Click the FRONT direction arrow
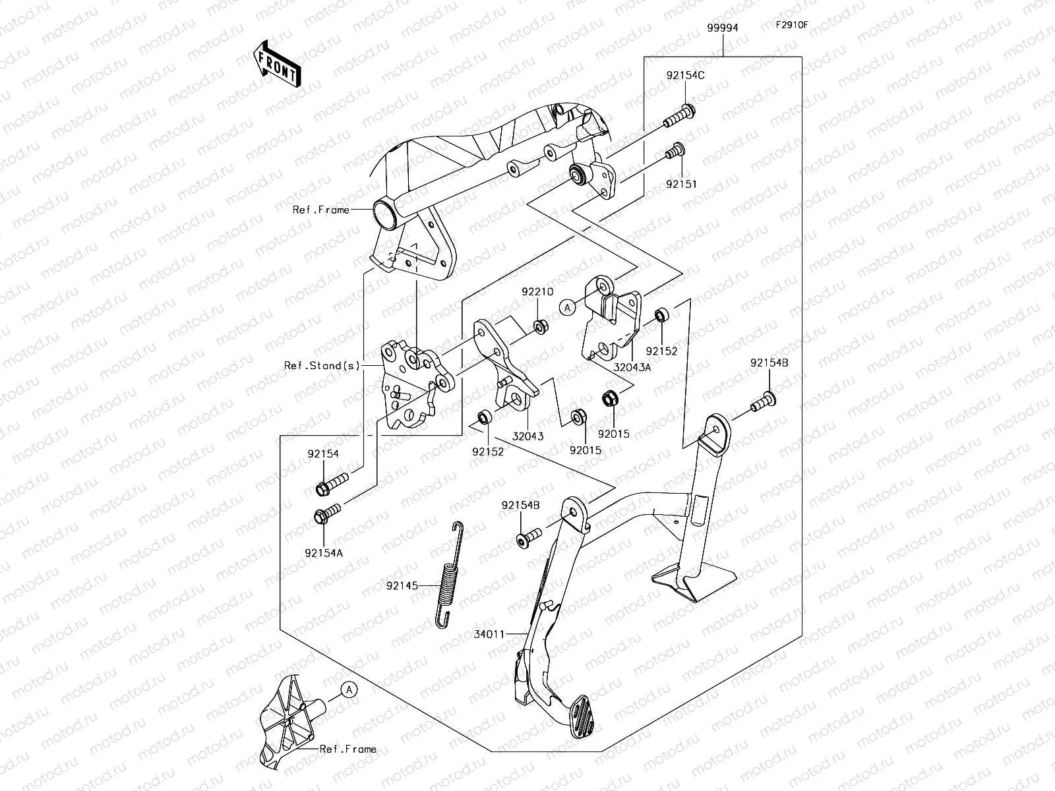pyautogui.click(x=276, y=65)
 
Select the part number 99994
pyautogui.click(x=723, y=28)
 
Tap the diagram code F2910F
pyautogui.click(x=791, y=26)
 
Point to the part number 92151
pyautogui.click(x=681, y=185)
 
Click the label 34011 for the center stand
pyautogui.click(x=489, y=634)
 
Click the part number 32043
pyautogui.click(x=528, y=436)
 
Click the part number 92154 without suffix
pyautogui.click(x=322, y=454)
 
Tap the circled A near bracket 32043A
pyautogui.click(x=566, y=306)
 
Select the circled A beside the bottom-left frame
pyautogui.click(x=349, y=689)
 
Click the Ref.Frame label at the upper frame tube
pyautogui.click(x=321, y=210)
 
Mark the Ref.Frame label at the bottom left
pyautogui.click(x=347, y=749)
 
